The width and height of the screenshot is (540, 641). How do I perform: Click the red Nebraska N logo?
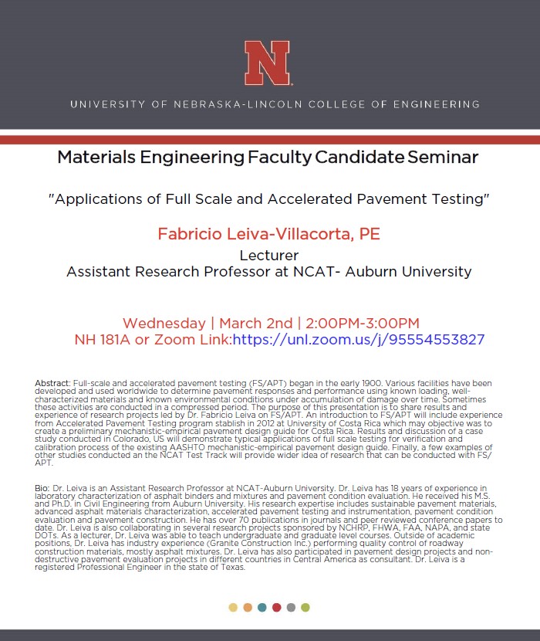(268, 63)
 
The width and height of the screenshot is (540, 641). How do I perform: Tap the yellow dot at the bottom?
(234, 607)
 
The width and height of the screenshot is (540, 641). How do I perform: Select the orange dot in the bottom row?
(248, 607)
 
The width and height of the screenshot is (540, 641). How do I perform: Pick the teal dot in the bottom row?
(262, 607)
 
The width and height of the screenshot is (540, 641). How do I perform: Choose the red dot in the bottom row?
(277, 607)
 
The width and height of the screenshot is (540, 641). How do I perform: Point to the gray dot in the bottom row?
(291, 607)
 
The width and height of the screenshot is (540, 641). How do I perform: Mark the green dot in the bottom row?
(305, 607)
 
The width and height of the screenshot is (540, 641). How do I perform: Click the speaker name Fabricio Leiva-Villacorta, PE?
(268, 234)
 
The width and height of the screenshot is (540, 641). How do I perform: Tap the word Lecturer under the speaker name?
(268, 255)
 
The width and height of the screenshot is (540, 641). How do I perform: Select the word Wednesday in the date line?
(167, 323)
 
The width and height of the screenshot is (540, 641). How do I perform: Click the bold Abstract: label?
(52, 384)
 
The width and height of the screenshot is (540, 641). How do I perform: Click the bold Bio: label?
(44, 489)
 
